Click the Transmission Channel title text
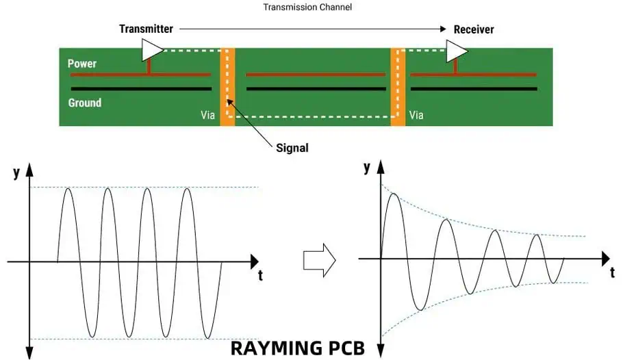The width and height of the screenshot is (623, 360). (308, 7)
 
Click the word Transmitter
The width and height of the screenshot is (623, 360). (146, 29)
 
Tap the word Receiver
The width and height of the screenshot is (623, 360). (474, 29)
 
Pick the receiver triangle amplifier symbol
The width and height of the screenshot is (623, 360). (457, 49)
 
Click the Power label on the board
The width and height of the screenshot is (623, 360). (82, 64)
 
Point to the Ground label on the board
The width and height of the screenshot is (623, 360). (85, 103)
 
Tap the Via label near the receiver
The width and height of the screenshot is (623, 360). (416, 115)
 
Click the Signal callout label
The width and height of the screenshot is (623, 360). (292, 147)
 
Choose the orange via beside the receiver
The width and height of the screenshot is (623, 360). (398, 86)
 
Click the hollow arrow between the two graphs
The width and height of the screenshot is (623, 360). (319, 259)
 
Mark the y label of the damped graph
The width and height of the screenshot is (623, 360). (368, 167)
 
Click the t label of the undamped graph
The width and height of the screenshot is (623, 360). (261, 277)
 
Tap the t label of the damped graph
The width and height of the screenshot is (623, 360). (613, 272)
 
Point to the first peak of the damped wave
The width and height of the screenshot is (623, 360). (392, 194)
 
